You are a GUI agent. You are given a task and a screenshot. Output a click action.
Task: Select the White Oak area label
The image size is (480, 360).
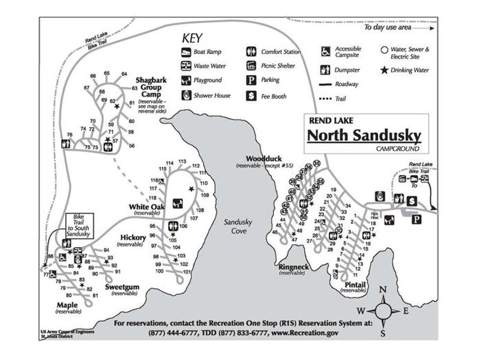click(146, 208)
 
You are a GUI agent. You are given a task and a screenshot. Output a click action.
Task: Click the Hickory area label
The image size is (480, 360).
click(133, 238)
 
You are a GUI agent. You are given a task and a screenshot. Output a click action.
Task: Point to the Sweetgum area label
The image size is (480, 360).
click(122, 287)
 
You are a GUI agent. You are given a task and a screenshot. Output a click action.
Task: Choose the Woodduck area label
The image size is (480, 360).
click(259, 158)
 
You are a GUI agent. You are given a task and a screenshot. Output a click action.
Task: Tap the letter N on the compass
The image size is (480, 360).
click(383, 290)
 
